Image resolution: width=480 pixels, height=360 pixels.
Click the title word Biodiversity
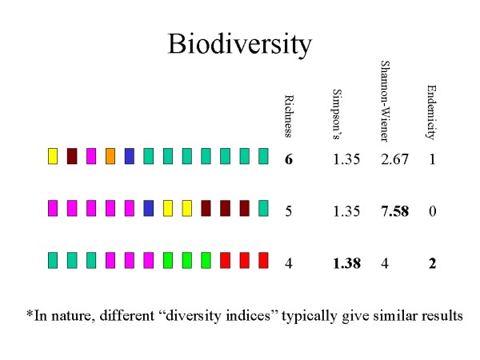coord(239,45)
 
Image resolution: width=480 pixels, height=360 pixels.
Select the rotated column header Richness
coord(289,116)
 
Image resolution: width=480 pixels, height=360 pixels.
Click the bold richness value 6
coord(289,159)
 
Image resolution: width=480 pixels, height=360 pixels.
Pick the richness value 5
coord(289,211)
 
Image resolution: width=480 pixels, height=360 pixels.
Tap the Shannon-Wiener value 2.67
coord(394,159)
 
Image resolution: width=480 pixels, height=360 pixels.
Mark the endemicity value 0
coord(432,211)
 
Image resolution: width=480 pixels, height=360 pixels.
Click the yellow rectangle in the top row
coord(53,156)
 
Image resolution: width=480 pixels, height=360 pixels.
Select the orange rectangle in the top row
coord(110,156)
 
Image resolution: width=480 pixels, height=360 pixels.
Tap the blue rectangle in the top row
coord(130,156)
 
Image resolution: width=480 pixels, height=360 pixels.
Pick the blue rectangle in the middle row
coord(149,208)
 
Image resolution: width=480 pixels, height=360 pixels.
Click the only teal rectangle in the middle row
coord(264,208)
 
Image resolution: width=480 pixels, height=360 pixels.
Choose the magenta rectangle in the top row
coord(91,156)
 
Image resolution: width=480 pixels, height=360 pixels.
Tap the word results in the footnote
coord(438,316)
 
